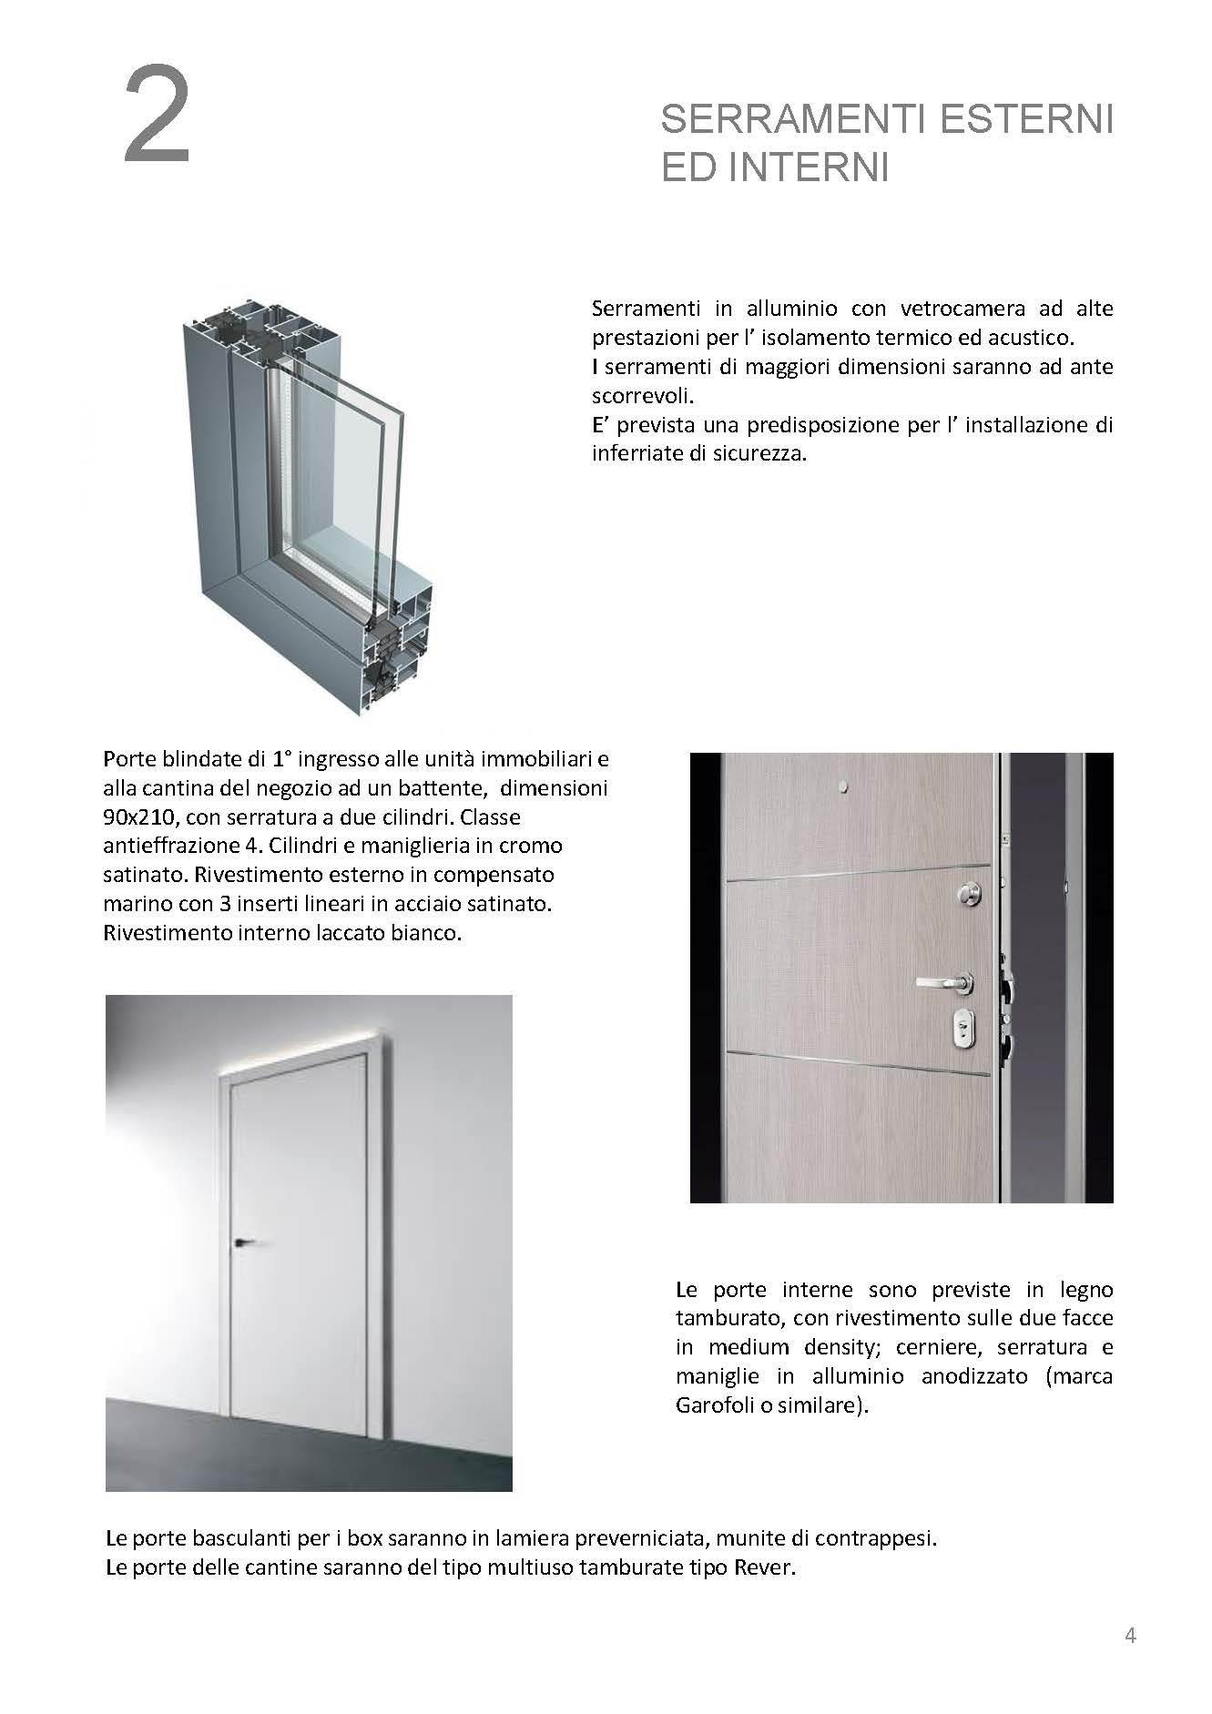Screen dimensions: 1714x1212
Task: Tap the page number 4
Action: (1130, 1635)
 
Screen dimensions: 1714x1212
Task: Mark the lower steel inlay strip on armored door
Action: (856, 1062)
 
